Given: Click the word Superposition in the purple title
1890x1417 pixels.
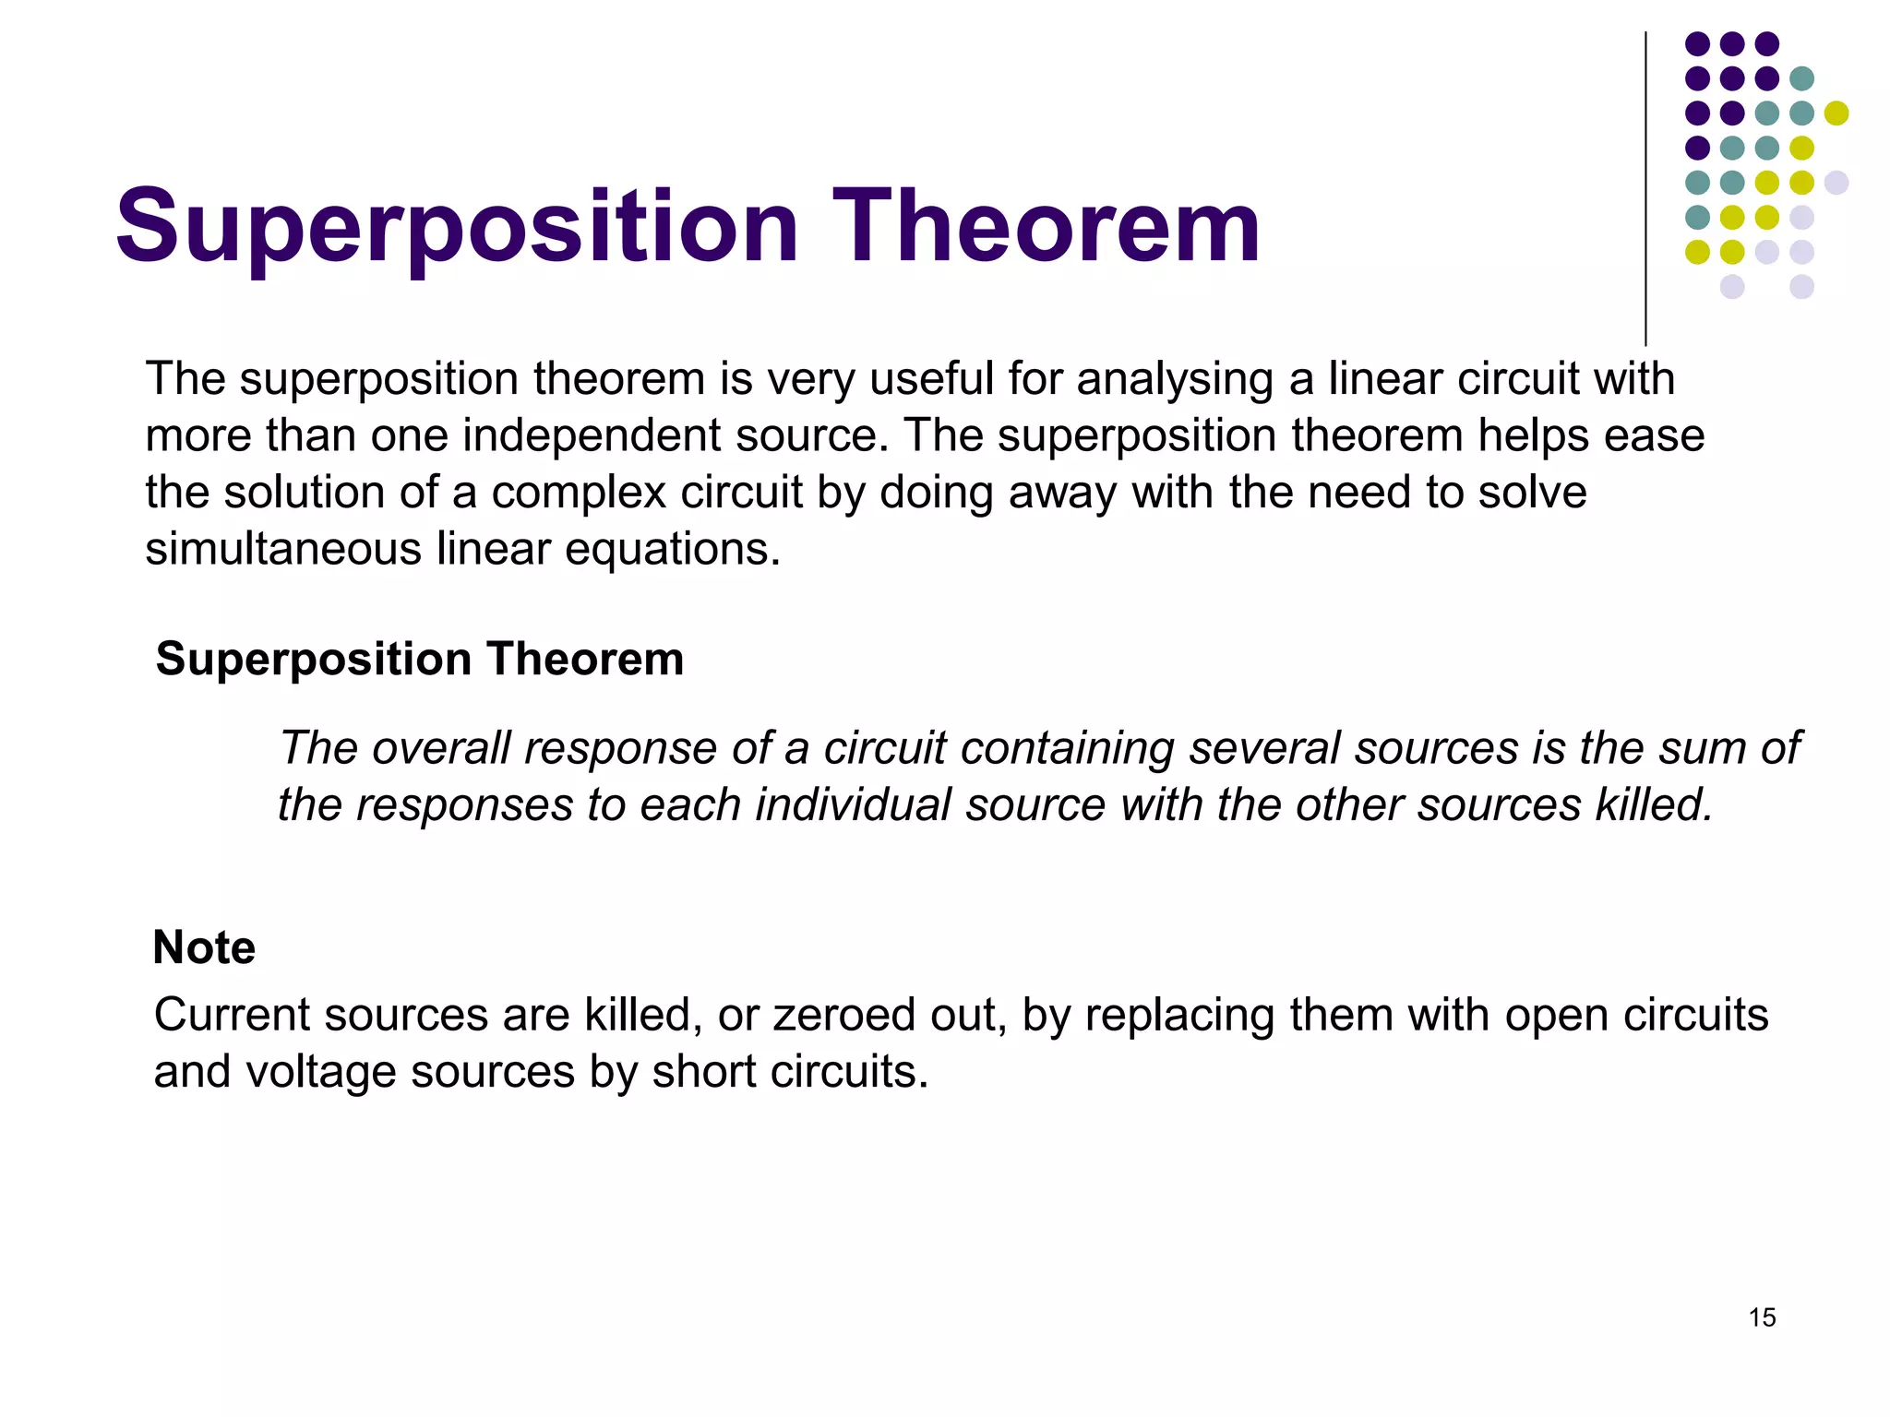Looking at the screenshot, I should click(457, 226).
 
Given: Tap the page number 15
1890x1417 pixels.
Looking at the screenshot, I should click(1762, 1317).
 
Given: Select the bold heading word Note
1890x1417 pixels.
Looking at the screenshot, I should click(204, 947).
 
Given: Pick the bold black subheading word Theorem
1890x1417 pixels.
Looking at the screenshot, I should click(585, 660).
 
